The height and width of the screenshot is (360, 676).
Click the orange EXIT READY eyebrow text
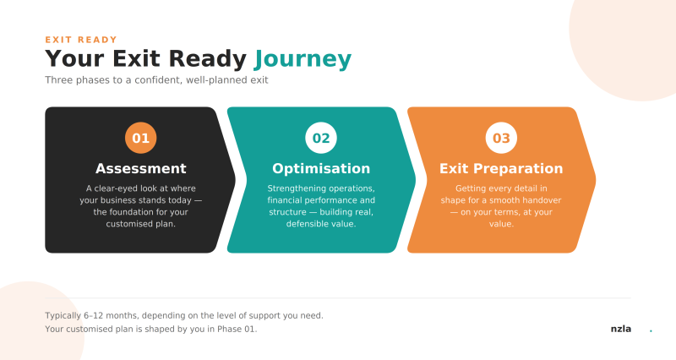[x=81, y=40]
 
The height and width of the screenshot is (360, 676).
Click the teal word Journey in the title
[x=303, y=59]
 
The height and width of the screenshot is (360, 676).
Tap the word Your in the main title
[x=74, y=58]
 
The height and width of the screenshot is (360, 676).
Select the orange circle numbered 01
[x=140, y=138]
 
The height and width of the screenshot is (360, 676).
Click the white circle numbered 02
[x=321, y=138]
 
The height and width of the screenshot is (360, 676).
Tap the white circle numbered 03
[x=501, y=138]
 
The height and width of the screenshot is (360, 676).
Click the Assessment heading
[x=140, y=168]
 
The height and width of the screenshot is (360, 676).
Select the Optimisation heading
[x=321, y=168]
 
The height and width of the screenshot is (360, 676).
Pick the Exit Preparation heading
[x=501, y=168]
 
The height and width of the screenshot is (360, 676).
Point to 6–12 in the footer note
[x=94, y=315]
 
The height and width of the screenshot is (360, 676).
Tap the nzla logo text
[x=621, y=329]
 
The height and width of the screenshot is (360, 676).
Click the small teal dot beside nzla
[x=651, y=330]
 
